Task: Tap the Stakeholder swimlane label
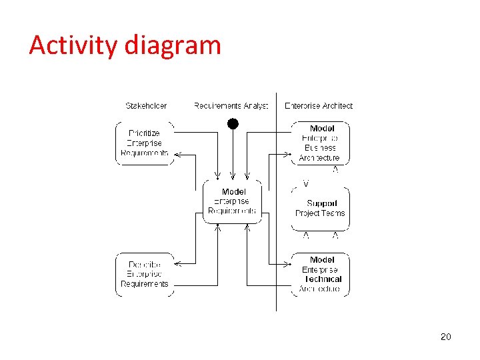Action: [146, 105]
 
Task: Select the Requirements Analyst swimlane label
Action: [231, 105]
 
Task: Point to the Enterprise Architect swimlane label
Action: [319, 105]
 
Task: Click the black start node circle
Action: [232, 123]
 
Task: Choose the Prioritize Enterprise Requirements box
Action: [145, 143]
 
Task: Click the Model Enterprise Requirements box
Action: [232, 201]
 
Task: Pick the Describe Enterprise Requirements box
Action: [145, 274]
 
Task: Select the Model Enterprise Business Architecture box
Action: [320, 143]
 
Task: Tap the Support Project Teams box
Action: [321, 208]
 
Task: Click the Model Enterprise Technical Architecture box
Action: [321, 274]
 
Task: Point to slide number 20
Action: [445, 337]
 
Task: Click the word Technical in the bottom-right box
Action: [323, 279]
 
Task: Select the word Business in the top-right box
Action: [320, 148]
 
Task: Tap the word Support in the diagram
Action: [322, 203]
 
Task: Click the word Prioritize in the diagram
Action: [144, 133]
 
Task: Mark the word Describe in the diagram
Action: [144, 264]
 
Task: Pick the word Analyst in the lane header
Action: [255, 105]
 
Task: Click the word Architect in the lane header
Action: [337, 105]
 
